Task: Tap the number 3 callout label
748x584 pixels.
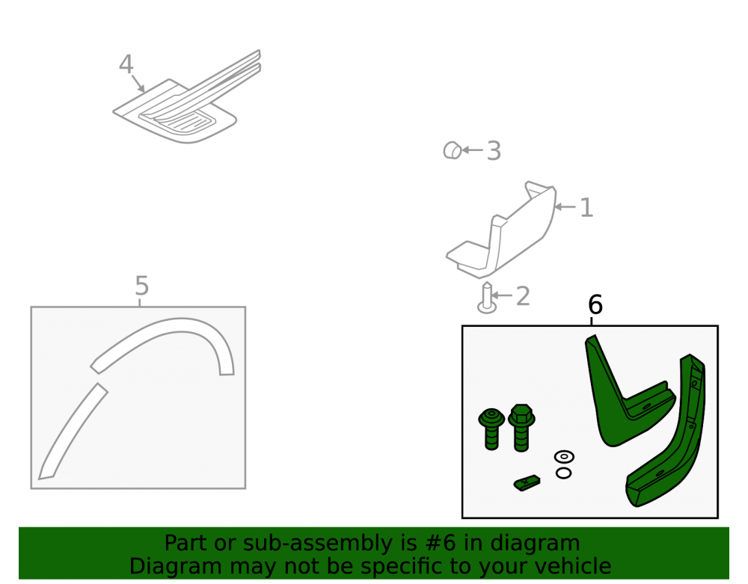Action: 494,151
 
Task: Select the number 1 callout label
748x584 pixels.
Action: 586,208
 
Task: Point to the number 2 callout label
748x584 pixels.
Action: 523,297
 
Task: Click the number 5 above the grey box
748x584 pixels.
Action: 141,286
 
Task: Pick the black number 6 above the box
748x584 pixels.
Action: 595,304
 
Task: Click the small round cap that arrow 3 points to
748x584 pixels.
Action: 452,150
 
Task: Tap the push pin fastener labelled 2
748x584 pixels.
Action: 487,298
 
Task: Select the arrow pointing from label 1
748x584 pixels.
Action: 565,207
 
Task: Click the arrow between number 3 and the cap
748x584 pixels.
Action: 472,150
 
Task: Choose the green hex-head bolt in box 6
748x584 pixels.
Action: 521,428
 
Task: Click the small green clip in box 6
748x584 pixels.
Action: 527,483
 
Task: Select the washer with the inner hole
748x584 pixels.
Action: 564,456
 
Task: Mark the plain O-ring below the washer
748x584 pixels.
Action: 563,473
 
